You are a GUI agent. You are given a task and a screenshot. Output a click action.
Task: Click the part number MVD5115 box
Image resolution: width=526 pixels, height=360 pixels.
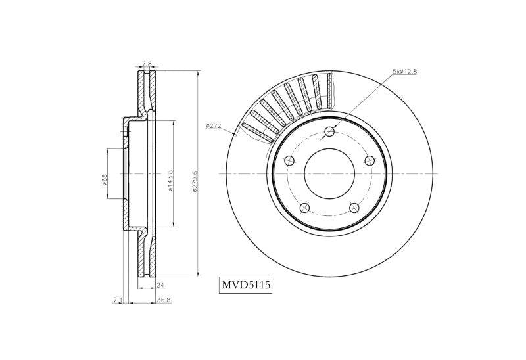pos(245,286)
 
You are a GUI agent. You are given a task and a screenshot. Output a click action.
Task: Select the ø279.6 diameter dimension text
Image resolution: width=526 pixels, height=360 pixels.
pos(195,181)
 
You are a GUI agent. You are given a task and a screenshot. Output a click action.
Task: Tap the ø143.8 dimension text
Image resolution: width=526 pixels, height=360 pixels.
pos(170,181)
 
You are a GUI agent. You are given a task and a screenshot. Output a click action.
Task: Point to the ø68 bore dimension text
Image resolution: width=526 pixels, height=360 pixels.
pos(104,180)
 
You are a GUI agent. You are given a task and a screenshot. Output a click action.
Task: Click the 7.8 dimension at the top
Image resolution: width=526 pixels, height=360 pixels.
pos(147,63)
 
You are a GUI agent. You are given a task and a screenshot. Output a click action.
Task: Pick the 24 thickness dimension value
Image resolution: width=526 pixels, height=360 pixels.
pos(160,285)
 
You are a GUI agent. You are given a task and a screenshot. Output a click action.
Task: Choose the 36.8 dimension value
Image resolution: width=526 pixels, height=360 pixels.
pos(164,300)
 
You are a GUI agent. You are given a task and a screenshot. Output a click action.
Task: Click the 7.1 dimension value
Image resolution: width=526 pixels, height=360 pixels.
pos(117,300)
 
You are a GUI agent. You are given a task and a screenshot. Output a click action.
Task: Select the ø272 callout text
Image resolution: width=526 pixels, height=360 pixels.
pos(214,125)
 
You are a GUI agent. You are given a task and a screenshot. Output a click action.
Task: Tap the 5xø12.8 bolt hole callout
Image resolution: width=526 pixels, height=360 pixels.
pos(404,72)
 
